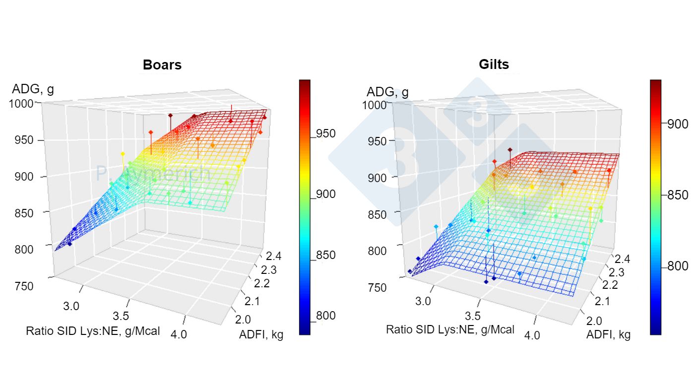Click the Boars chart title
162,65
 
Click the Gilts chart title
494,65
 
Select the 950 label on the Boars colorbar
326,133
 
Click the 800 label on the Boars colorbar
326,316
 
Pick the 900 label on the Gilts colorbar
677,124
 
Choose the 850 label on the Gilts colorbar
677,195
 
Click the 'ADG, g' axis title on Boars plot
33,89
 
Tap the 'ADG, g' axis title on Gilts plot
387,92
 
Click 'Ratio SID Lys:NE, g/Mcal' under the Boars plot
93,331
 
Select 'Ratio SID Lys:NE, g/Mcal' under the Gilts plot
450,329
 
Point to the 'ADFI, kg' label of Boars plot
261,335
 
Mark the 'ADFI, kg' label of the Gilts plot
608,335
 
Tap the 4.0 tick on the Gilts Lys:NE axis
532,335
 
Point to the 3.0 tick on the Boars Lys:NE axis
71,305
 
